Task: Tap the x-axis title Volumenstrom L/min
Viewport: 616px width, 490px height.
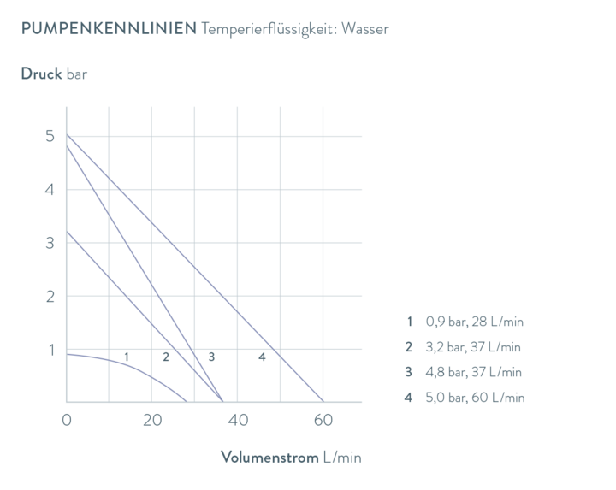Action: [x=292, y=458]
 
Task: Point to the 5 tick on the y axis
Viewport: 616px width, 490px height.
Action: [x=50, y=136]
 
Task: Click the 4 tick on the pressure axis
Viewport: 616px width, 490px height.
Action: [x=50, y=189]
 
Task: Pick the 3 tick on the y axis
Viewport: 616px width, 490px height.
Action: [x=50, y=243]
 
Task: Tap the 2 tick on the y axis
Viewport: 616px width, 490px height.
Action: [x=50, y=296]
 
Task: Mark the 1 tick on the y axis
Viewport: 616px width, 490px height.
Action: [x=50, y=349]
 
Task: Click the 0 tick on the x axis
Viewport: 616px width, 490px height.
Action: [x=66, y=420]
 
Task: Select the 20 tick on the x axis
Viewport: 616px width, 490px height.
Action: [x=151, y=420]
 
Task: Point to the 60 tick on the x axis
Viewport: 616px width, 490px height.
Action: [x=322, y=420]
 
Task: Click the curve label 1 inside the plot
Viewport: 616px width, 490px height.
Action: [x=126, y=356]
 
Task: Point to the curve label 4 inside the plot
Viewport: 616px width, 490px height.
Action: [x=262, y=356]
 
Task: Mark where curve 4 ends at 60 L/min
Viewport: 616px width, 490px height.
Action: [x=322, y=401]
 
